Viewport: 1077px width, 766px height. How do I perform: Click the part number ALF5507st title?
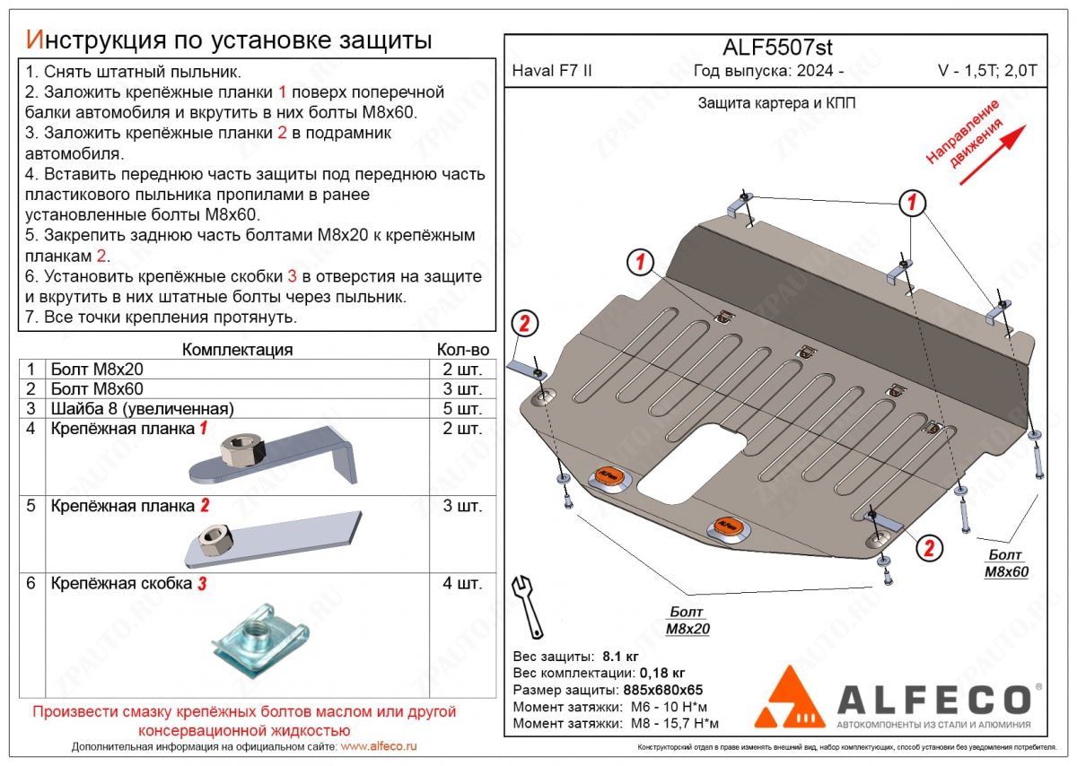[777, 48]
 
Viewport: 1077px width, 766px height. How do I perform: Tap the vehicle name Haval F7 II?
[551, 71]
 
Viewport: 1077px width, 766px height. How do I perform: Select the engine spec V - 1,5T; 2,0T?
[986, 71]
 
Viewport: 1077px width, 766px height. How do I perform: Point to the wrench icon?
[526, 605]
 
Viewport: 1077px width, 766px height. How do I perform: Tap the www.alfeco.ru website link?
[380, 746]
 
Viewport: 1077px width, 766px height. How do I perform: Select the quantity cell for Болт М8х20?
[461, 370]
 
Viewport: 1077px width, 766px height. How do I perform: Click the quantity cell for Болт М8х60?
[461, 389]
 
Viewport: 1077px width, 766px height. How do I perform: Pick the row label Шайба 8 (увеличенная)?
[143, 409]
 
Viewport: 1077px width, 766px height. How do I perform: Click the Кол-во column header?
[462, 350]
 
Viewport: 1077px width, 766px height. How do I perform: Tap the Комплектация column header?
[237, 350]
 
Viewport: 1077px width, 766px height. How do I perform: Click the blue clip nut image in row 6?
[258, 639]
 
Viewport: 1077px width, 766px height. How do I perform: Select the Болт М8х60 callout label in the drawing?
[1006, 564]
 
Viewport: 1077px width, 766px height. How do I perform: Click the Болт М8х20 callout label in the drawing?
[687, 620]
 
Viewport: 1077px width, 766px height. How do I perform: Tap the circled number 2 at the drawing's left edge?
[524, 324]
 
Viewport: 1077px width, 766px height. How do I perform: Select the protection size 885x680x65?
[664, 690]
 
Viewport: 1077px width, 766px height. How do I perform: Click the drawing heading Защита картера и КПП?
[776, 103]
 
